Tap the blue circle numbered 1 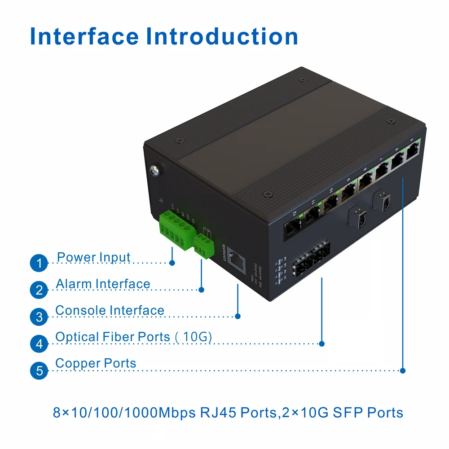(x=39, y=263)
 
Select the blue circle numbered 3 (x=39, y=317)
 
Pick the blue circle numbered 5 (x=39, y=371)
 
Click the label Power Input (x=94, y=258)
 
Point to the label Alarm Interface (x=103, y=284)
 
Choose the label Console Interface (x=110, y=311)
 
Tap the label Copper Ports (x=96, y=363)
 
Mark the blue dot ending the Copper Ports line (x=403, y=371)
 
